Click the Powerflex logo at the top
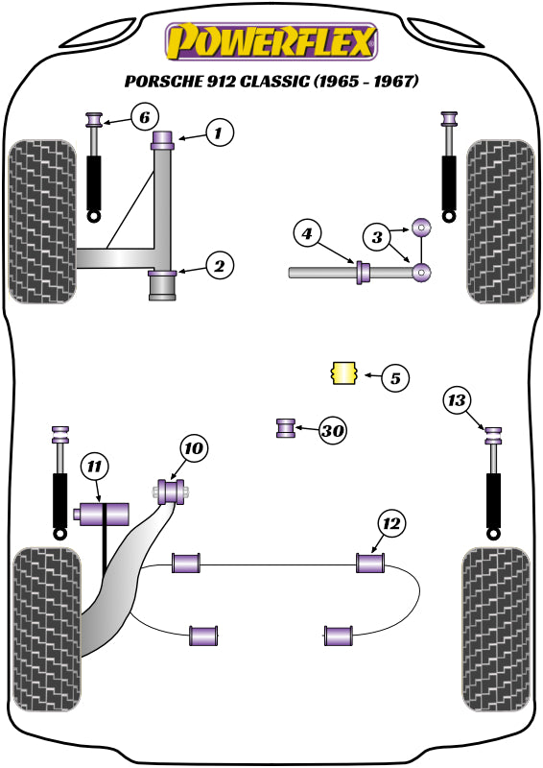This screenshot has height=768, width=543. (271, 41)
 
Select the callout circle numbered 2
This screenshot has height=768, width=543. (219, 266)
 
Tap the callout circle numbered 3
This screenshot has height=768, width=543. (376, 235)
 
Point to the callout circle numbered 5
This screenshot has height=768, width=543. (393, 377)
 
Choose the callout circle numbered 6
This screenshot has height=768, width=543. (143, 119)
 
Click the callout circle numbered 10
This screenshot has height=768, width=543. (194, 448)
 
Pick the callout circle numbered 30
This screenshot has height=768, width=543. (332, 431)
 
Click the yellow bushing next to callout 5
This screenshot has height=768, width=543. (342, 373)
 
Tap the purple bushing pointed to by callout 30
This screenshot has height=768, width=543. (286, 428)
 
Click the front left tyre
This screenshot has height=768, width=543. (41, 222)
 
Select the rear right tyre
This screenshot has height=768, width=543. (496, 629)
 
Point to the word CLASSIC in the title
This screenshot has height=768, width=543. (264, 82)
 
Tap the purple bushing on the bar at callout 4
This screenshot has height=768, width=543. (364, 273)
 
